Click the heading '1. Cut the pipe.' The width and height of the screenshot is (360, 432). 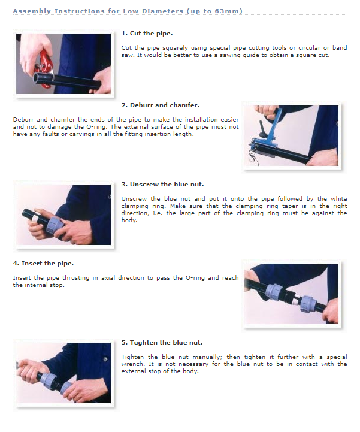147,34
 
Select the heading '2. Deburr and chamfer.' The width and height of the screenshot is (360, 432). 161,105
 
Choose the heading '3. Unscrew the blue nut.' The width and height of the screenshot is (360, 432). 162,185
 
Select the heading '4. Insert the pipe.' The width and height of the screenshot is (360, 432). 43,264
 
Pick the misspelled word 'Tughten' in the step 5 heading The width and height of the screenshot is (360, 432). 144,343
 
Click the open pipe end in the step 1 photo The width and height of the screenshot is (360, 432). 37,78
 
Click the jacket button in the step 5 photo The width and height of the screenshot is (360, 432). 105,360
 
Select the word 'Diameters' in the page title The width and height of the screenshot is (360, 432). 163,11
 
